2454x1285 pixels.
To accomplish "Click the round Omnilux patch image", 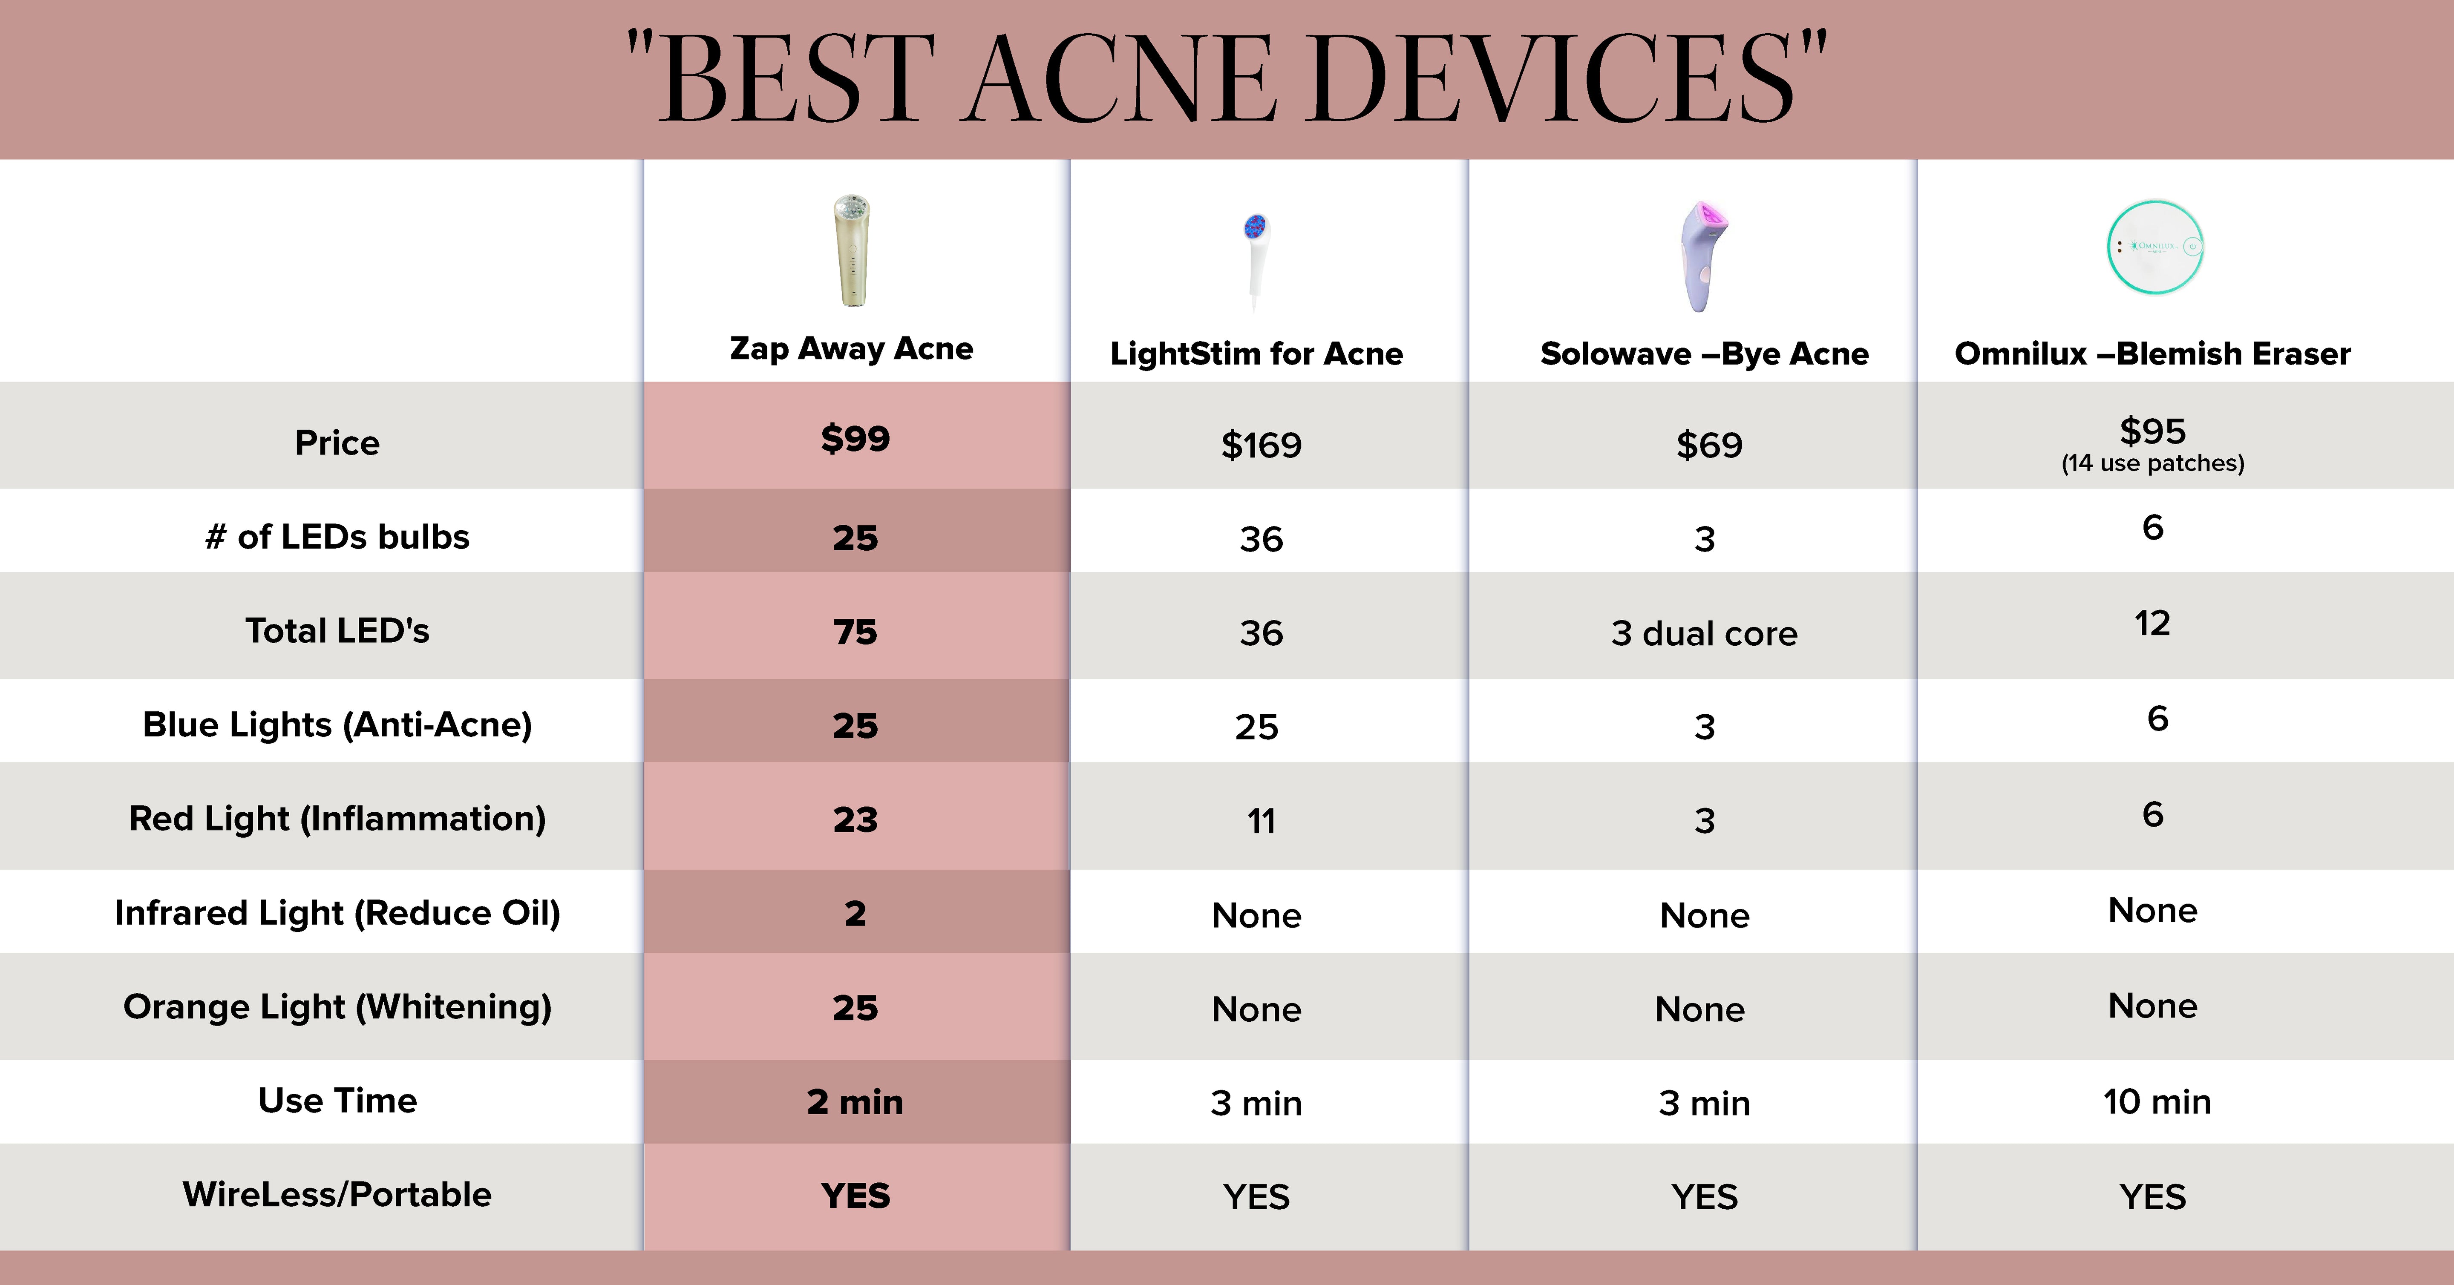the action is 2155,247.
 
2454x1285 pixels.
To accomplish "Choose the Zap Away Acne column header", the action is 852,349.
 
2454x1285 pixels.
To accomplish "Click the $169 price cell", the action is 1261,445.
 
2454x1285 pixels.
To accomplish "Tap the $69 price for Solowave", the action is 1709,445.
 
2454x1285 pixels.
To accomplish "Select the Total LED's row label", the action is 337,631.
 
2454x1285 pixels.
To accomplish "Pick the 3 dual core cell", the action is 1704,633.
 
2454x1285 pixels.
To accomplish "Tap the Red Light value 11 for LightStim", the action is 1261,821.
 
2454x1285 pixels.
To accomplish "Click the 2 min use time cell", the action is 855,1102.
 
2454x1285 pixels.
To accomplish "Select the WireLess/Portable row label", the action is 337,1195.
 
